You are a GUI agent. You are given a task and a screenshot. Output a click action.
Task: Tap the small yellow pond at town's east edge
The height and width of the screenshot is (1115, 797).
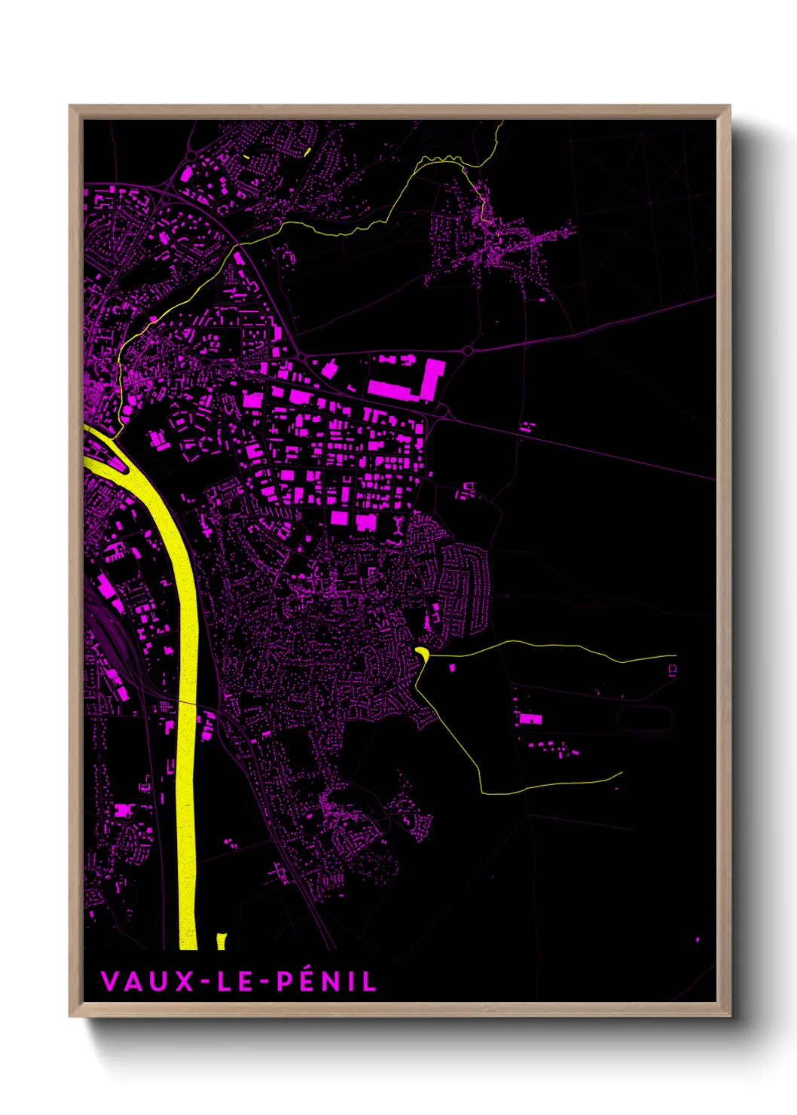[422, 652]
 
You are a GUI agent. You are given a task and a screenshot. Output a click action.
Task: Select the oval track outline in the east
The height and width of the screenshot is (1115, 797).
[645, 719]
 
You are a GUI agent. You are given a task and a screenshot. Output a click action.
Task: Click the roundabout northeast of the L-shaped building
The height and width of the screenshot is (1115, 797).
[468, 351]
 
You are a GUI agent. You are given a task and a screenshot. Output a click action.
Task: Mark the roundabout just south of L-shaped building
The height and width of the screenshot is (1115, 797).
[442, 411]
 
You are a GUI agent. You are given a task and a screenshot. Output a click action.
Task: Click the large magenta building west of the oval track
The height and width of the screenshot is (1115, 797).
[530, 719]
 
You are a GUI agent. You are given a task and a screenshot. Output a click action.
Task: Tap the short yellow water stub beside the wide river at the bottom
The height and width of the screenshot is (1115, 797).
[221, 941]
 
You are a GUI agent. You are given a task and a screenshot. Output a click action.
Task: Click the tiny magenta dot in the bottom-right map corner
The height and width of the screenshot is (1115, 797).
[698, 939]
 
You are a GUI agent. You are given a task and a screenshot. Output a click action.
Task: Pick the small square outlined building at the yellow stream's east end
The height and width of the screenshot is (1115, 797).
[672, 668]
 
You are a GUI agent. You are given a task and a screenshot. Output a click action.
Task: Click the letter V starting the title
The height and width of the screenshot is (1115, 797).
[108, 981]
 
